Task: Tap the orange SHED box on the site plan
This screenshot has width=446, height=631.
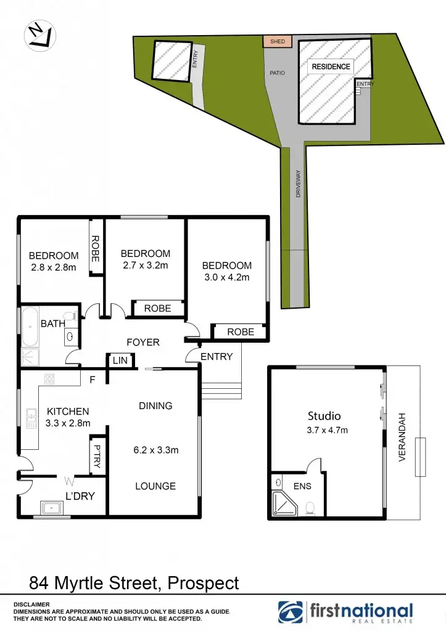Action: (x=277, y=41)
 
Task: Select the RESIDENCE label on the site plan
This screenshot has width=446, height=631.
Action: (x=331, y=67)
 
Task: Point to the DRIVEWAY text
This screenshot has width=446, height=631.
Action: (x=297, y=184)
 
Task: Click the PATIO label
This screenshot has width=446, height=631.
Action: (x=277, y=73)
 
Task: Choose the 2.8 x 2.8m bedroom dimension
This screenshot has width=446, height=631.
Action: (x=53, y=267)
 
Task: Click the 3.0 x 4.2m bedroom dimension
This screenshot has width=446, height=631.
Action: (x=226, y=277)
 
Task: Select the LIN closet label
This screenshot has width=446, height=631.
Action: (x=120, y=361)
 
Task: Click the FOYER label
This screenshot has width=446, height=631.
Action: (x=143, y=342)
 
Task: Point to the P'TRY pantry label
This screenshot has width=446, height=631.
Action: (x=96, y=455)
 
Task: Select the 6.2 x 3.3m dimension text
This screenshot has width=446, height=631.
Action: (x=156, y=450)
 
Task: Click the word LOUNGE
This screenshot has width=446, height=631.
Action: (x=155, y=486)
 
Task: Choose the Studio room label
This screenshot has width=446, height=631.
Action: (x=324, y=416)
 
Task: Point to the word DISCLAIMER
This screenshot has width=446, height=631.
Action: (x=31, y=605)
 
